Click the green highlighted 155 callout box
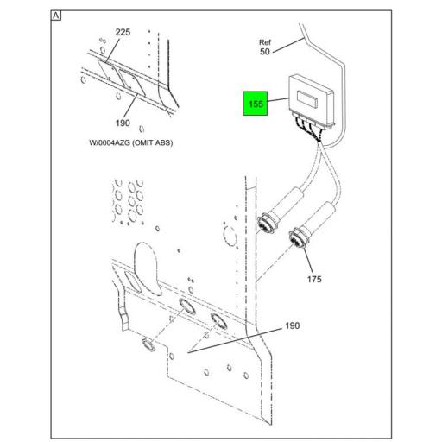pyautogui.click(x=256, y=104)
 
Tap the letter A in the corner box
pyautogui.click(x=56, y=16)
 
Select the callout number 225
pyautogui.click(x=123, y=33)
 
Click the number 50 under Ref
pyautogui.click(x=264, y=53)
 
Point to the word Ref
pyautogui.click(x=265, y=41)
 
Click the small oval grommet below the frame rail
pyautogui.click(x=147, y=344)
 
